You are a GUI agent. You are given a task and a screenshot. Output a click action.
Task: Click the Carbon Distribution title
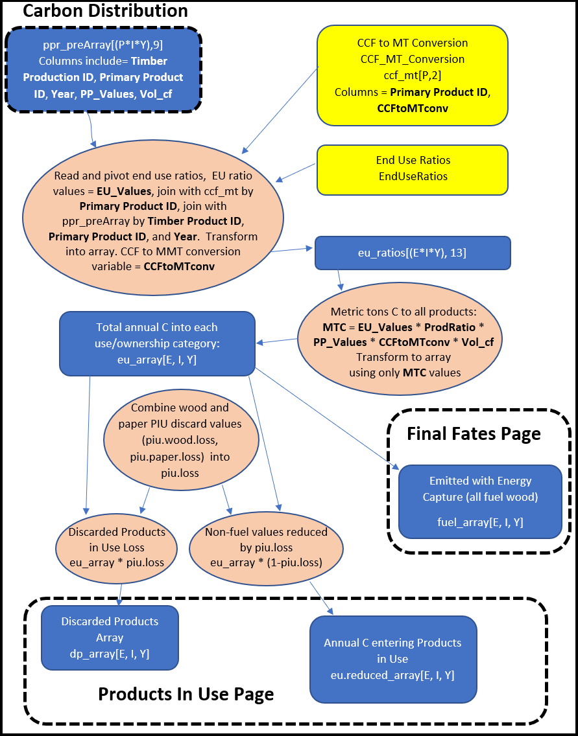coord(105,11)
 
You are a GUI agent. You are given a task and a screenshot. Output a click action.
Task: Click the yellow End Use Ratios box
coord(412,168)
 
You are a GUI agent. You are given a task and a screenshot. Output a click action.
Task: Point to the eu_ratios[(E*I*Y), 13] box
coord(412,253)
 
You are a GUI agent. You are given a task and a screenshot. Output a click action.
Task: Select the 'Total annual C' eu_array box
coord(156,343)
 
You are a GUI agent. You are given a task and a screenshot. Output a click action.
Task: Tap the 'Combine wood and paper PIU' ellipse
coord(180,440)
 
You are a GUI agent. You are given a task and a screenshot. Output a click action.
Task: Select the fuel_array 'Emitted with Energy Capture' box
coord(479,500)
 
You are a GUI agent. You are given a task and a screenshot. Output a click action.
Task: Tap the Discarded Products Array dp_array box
coord(109,638)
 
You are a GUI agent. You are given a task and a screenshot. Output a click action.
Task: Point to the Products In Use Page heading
coord(186,694)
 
